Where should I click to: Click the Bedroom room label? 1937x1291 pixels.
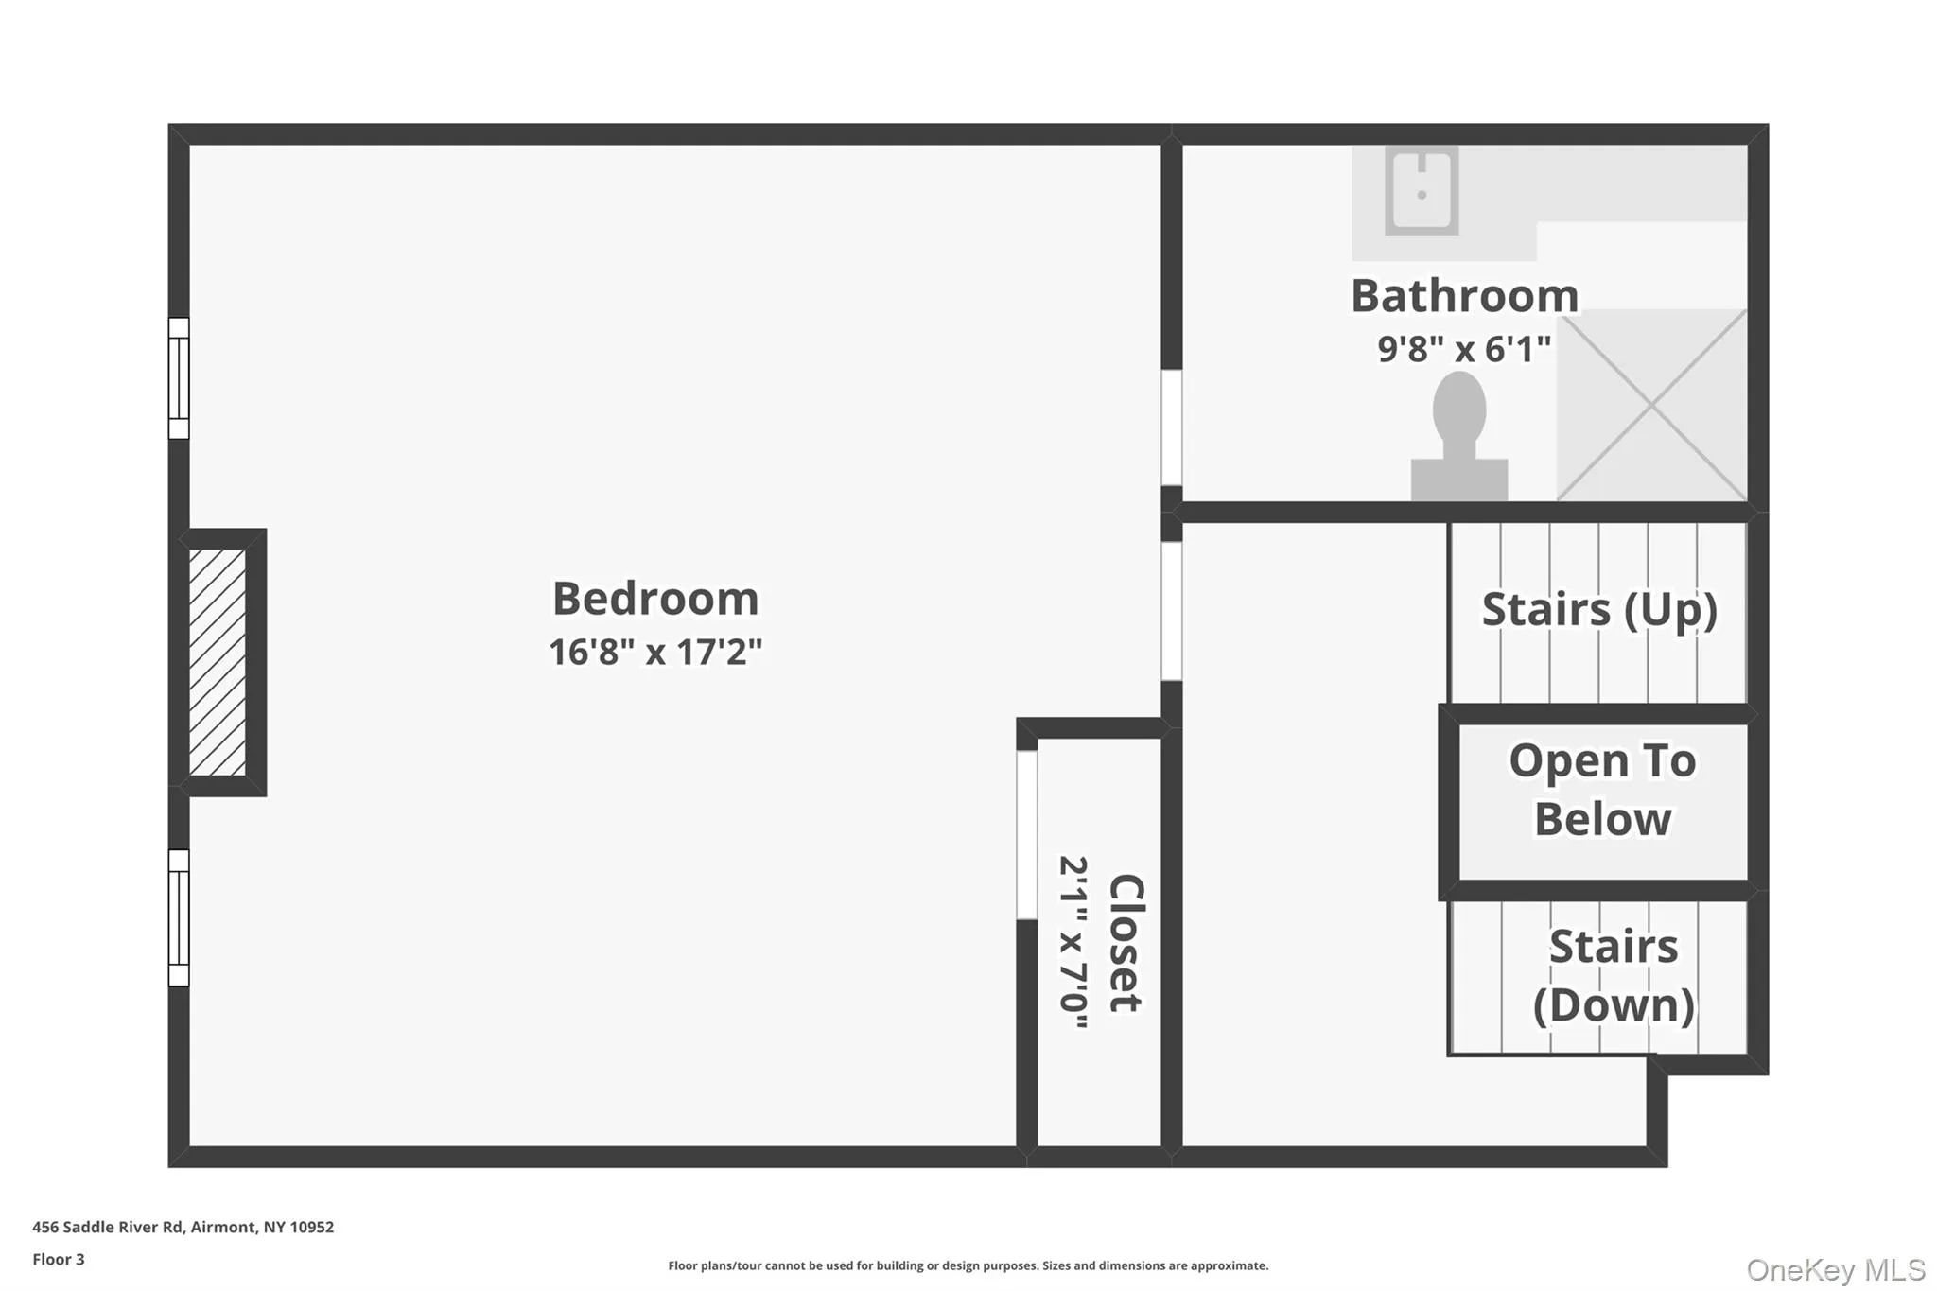655,599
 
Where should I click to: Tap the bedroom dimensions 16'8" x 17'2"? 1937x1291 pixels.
655,652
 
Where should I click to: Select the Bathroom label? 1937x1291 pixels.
1464,296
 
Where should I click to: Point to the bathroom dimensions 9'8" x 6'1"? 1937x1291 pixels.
1464,349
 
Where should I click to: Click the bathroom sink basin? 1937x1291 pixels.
1422,190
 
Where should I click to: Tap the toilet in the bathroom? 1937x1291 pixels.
1459,435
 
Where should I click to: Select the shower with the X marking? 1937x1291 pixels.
1651,405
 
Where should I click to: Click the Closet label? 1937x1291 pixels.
1126,943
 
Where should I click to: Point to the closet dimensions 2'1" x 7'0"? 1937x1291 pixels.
1074,942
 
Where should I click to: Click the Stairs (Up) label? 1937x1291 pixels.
1599,610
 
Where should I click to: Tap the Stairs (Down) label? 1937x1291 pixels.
1614,976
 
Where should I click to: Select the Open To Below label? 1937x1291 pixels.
1602,790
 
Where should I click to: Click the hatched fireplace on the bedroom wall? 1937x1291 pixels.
218,662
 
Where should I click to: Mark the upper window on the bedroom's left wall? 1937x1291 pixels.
179,378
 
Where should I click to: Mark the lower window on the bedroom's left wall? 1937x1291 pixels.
179,917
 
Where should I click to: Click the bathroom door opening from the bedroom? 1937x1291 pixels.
1172,427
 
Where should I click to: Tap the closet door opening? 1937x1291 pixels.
1027,834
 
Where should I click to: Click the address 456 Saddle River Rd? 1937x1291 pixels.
108,1227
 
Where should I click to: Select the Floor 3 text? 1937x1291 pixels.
59,1259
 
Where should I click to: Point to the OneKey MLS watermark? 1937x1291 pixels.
1836,1269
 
